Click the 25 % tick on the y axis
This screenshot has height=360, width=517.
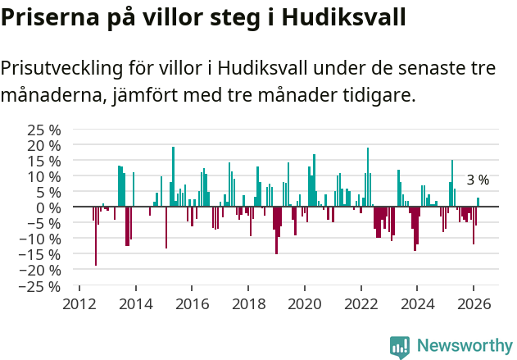point(44,130)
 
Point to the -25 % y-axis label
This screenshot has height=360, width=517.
point(41,286)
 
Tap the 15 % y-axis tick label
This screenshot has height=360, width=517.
point(44,161)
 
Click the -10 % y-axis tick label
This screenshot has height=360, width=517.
point(41,239)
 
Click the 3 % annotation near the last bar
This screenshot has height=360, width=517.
point(478,180)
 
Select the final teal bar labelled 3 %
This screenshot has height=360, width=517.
point(478,203)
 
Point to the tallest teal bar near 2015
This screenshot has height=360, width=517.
point(173,176)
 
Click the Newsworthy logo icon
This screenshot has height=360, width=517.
point(400,347)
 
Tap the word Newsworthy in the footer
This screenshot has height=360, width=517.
point(465,347)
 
